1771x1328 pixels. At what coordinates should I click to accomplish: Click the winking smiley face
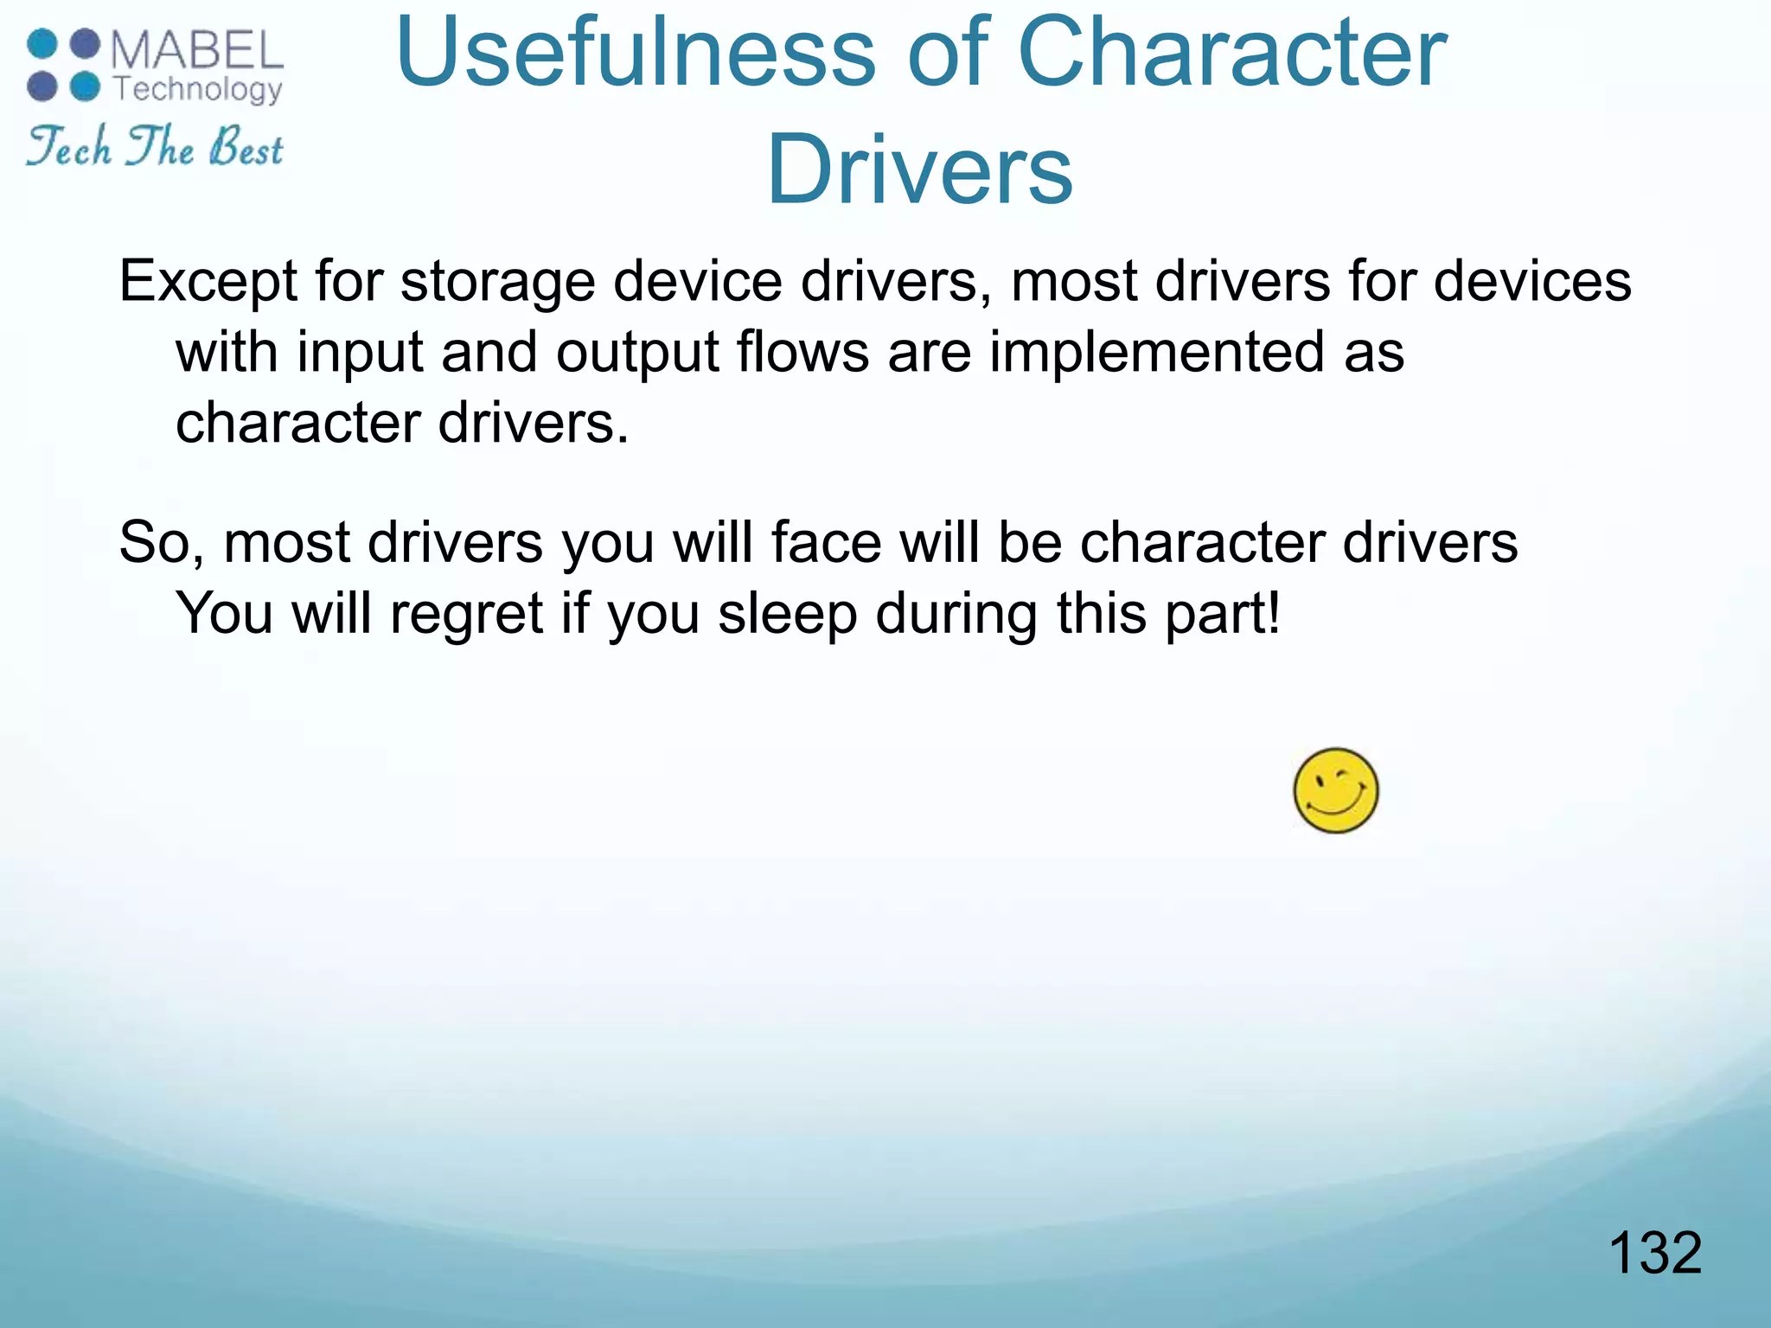coord(1335,790)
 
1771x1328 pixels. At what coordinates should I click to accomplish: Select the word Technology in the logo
coord(199,89)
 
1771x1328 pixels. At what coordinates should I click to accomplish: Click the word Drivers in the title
coord(919,169)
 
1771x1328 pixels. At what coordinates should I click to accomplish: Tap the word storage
coord(498,282)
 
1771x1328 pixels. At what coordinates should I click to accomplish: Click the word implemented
coord(1157,353)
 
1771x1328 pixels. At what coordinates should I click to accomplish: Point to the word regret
coord(467,615)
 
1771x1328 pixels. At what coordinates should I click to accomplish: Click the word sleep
coord(787,615)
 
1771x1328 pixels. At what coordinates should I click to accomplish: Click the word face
coord(826,543)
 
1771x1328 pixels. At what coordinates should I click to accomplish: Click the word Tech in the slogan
coord(69,147)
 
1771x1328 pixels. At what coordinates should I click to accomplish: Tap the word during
coord(956,615)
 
